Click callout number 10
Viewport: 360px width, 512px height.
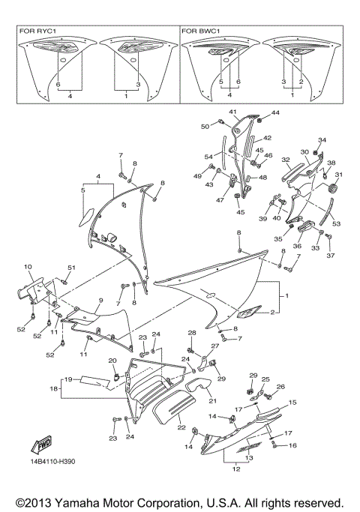(27, 267)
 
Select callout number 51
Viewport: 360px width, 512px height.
(72, 268)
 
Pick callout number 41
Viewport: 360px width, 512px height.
(232, 112)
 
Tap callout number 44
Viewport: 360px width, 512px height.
(275, 112)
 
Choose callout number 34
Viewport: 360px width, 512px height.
(322, 140)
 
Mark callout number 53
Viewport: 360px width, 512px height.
(335, 224)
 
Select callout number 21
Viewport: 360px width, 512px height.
(202, 402)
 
